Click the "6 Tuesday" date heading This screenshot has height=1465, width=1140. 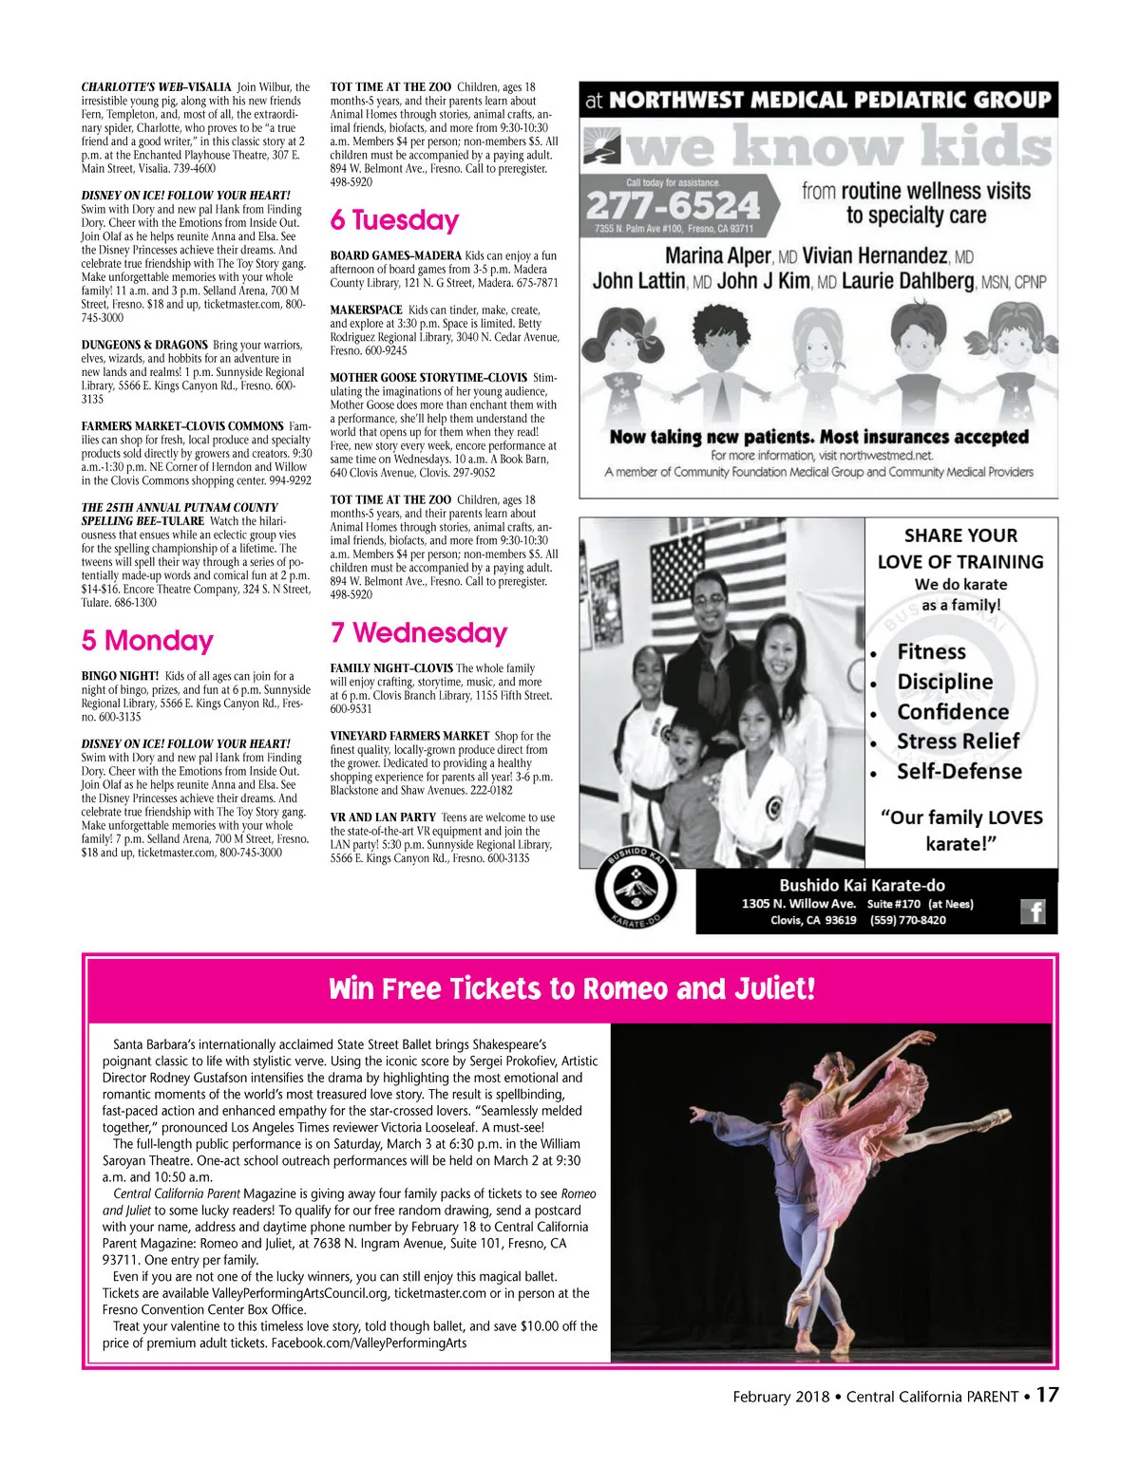394,220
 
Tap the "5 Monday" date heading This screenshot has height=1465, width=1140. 147,641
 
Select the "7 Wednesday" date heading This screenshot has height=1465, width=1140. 419,632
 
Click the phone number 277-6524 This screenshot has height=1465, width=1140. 673,204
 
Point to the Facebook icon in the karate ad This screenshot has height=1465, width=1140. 1033,911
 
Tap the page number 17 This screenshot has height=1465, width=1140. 1047,1395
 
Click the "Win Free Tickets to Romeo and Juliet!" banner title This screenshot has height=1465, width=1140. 571,989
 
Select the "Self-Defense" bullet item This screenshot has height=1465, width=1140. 959,771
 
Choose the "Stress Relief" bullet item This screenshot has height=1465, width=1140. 958,741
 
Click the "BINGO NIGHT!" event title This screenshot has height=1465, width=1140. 121,676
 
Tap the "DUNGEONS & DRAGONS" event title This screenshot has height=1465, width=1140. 144,345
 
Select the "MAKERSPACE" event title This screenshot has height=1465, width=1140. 366,310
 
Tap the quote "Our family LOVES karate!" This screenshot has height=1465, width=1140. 960,830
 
